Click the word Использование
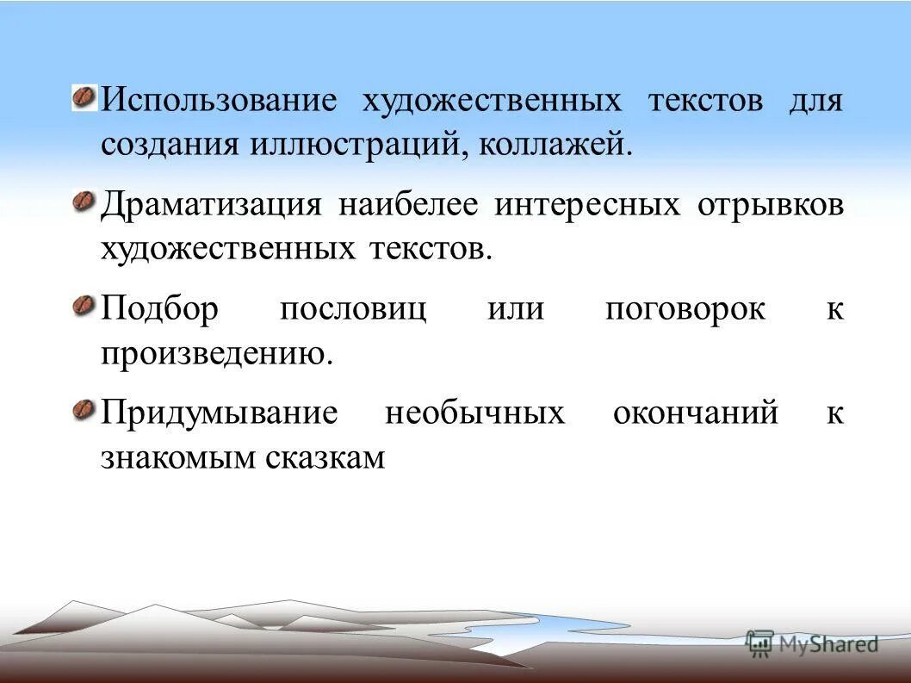coord(218,101)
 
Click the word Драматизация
coord(212,206)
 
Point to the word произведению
coord(216,354)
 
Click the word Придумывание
coord(220,413)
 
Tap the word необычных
coord(474,413)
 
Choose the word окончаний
coord(695,413)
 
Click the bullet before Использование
coord(84,97)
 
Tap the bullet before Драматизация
coord(84,202)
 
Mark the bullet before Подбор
coord(84,306)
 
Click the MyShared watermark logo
coord(813,643)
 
